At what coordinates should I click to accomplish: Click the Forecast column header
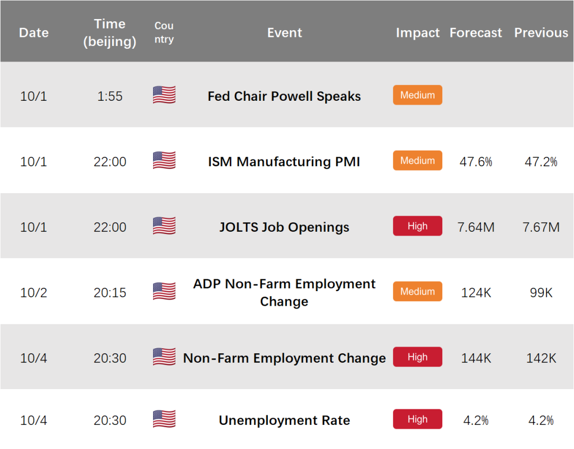pos(475,33)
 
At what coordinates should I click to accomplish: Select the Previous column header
pos(541,33)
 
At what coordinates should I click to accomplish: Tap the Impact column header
pos(418,33)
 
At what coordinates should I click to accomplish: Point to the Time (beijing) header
pos(110,32)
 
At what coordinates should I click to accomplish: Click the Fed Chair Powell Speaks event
pos(284,96)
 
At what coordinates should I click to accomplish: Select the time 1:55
pos(110,96)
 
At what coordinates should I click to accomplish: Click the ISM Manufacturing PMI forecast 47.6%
pos(476,162)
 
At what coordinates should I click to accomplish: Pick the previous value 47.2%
pos(541,162)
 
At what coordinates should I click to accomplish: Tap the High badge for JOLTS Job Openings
pos(418,226)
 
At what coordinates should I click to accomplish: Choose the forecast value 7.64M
pos(476,227)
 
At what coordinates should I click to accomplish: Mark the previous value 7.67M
pos(541,227)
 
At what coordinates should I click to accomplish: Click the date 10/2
pos(34,292)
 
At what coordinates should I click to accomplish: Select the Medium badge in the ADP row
pos(418,292)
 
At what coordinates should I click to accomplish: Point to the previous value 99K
pos(541,292)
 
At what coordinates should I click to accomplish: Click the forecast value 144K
pos(476,358)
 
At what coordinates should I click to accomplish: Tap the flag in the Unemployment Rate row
pos(164,419)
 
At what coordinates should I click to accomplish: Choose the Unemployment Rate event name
pos(284,420)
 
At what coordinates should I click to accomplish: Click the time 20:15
pos(110,292)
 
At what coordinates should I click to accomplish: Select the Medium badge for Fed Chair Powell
pos(418,95)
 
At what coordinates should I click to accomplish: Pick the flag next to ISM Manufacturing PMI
pos(164,160)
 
